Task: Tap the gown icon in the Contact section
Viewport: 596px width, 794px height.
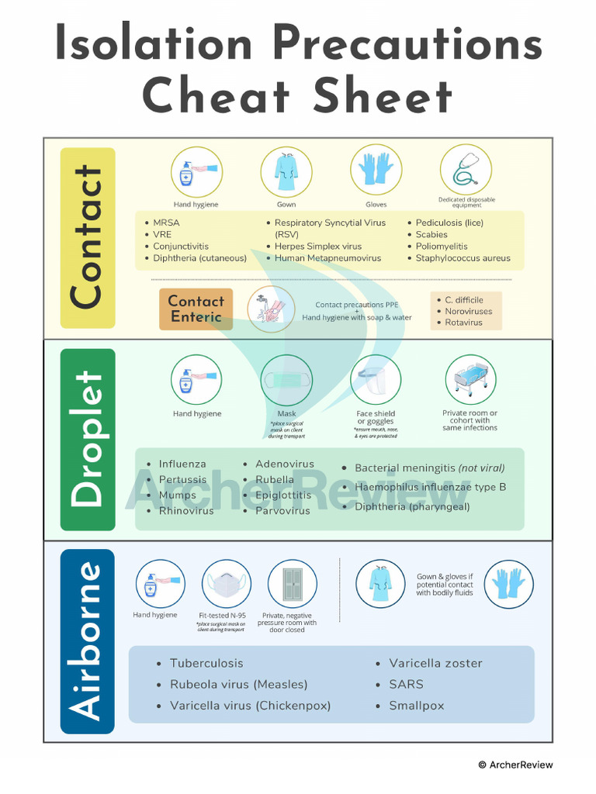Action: coord(286,171)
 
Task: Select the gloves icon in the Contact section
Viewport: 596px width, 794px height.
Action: coord(376,170)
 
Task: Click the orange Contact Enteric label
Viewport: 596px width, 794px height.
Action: coord(196,309)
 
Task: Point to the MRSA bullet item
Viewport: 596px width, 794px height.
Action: coord(166,223)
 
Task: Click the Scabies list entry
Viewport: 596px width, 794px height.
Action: coord(431,234)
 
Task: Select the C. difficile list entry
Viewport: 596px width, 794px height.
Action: coord(463,299)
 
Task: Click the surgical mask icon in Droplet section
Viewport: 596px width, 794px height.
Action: coord(286,381)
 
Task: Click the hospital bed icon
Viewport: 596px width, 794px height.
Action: coord(470,380)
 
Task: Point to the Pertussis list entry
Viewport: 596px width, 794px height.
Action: coord(182,479)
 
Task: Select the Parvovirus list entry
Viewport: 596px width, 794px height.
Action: coord(282,510)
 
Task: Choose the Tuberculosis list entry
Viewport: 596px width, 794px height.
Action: coord(206,663)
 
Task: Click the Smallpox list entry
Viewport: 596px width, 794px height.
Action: coord(417,706)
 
